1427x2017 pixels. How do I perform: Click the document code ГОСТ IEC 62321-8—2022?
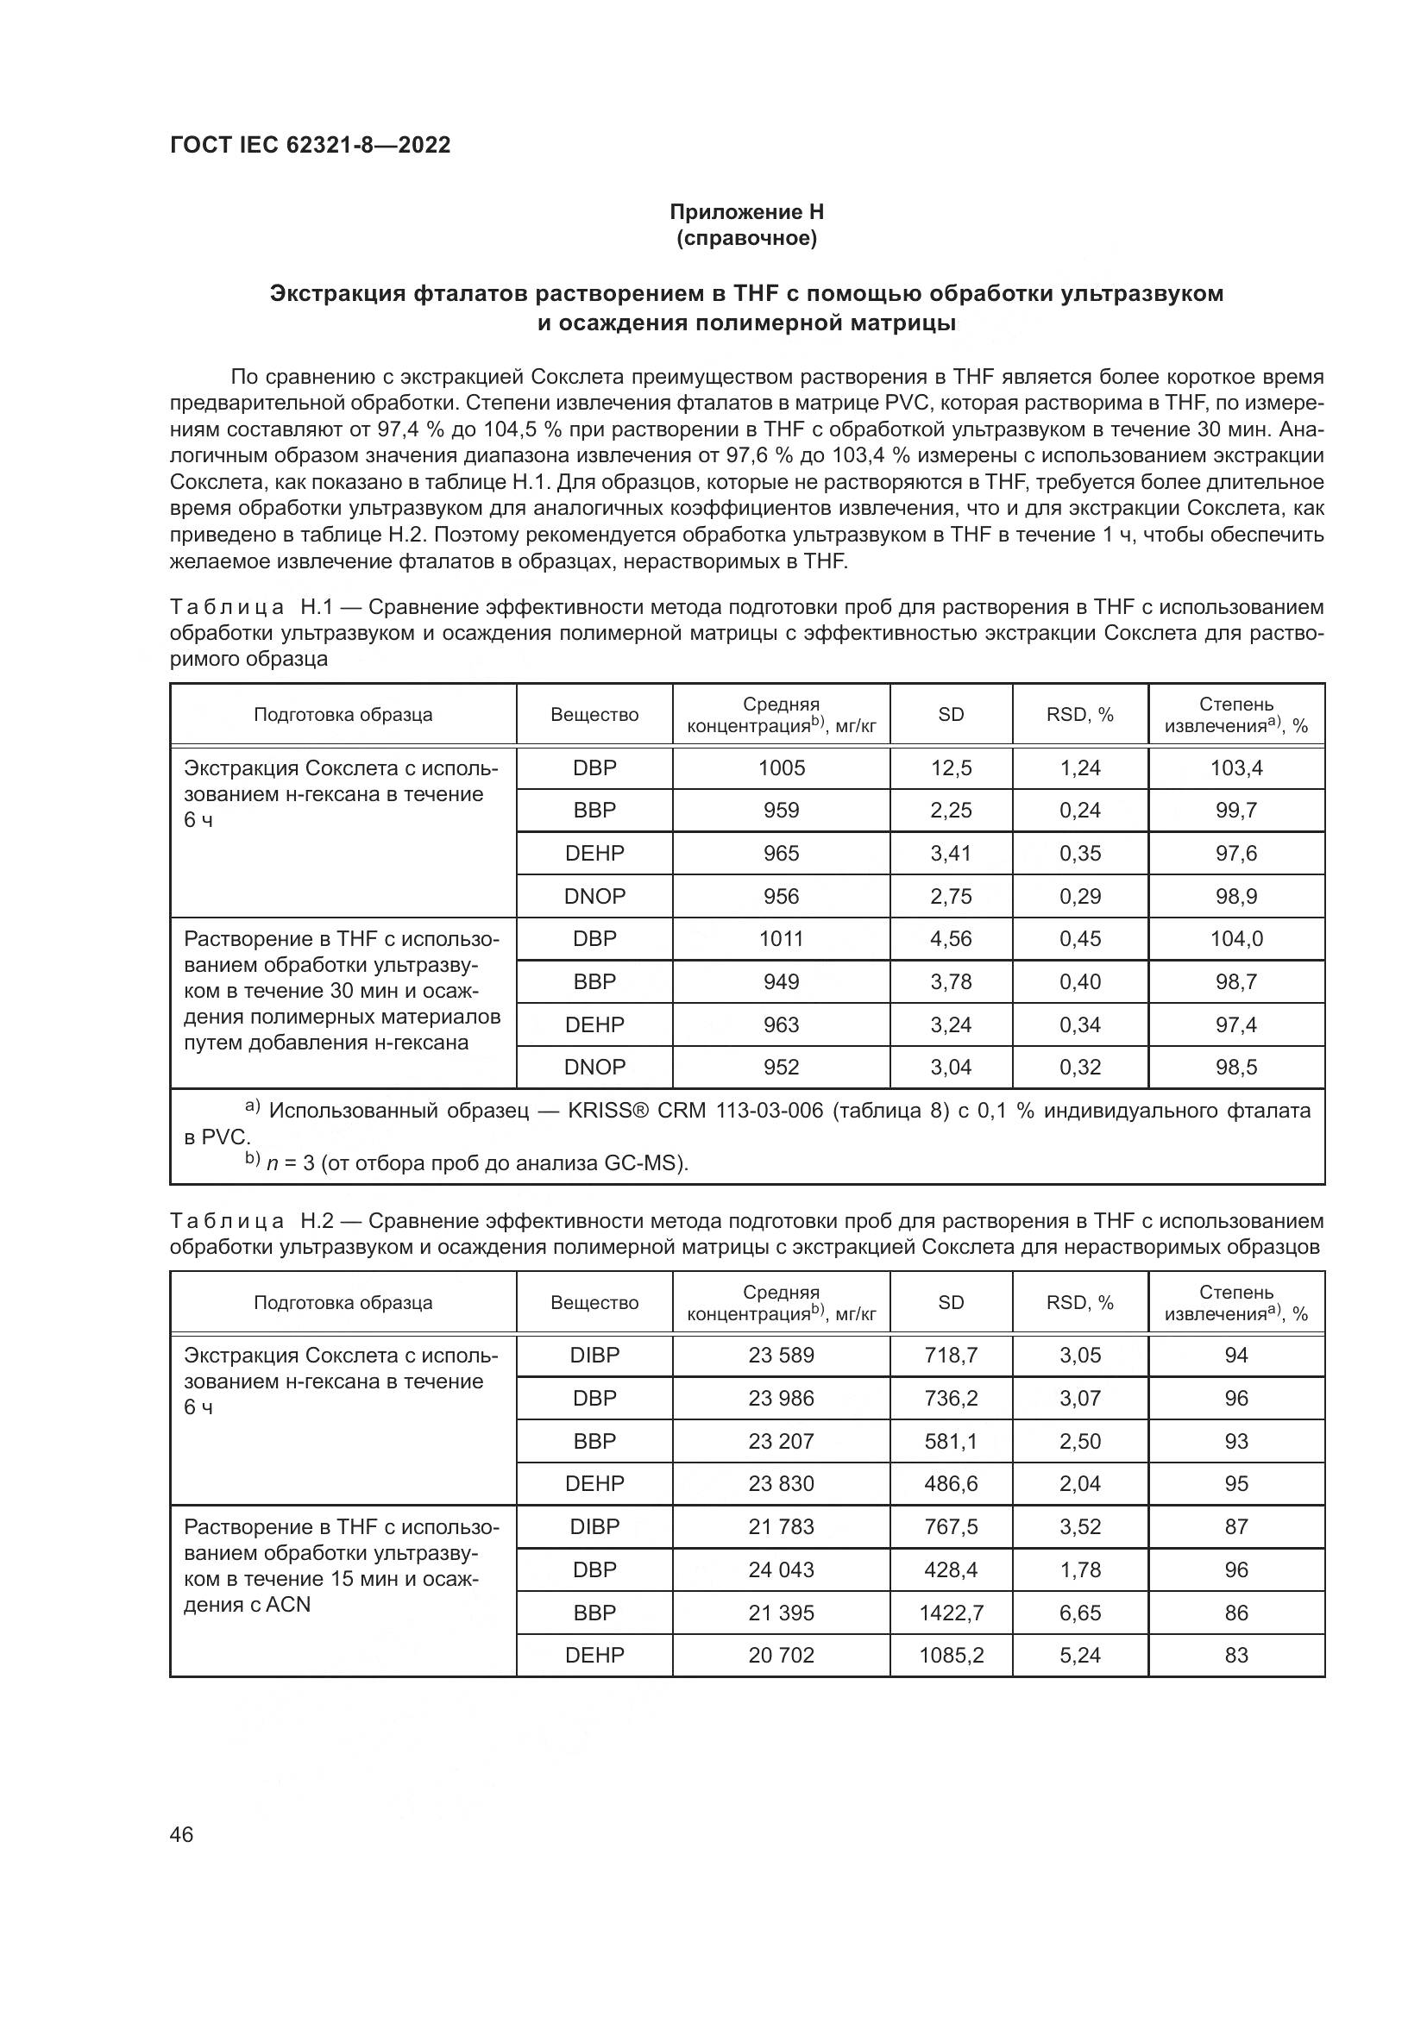(311, 146)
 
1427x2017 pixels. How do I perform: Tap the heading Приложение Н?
(746, 212)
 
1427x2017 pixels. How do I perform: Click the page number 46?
(182, 1834)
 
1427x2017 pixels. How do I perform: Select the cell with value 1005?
(781, 767)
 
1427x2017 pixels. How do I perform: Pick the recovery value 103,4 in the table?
(1235, 767)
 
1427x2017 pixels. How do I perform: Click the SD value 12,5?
(951, 767)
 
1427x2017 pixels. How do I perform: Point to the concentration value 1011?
(781, 938)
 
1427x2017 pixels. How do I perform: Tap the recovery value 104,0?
(1235, 938)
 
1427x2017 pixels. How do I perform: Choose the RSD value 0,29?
(1080, 896)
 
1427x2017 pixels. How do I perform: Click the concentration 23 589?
(781, 1355)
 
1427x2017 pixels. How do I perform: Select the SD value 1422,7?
(951, 1613)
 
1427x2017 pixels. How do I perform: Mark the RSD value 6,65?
(1080, 1613)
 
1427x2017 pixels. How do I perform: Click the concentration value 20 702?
(781, 1655)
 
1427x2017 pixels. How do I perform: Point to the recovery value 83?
(1235, 1655)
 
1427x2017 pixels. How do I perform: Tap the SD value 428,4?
(951, 1569)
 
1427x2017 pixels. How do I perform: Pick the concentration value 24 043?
(781, 1569)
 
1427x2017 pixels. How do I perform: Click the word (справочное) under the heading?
(746, 238)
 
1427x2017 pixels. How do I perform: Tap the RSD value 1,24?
(1080, 767)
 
